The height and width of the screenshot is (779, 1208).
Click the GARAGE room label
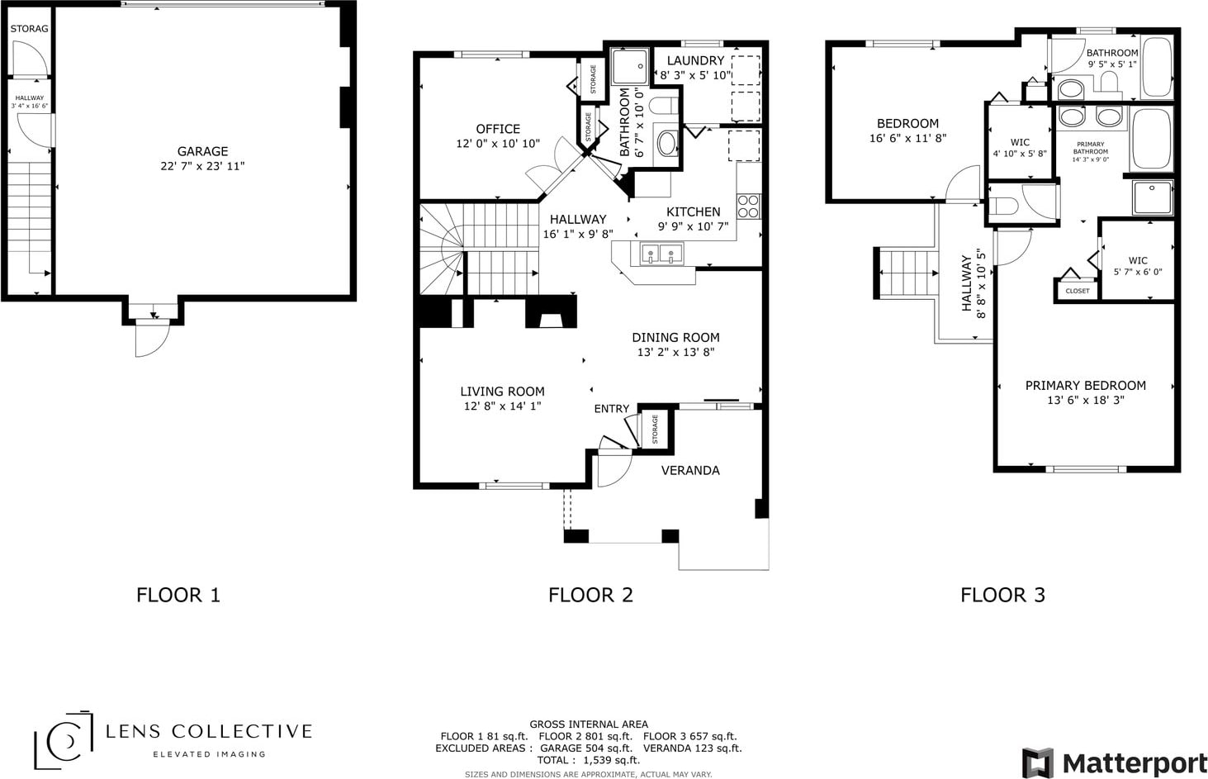click(x=203, y=151)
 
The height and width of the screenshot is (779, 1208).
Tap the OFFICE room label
click(x=498, y=129)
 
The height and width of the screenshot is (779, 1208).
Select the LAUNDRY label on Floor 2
click(x=695, y=60)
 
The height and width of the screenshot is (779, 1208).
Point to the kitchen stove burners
click(x=749, y=206)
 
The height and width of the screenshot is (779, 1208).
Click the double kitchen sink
click(x=661, y=254)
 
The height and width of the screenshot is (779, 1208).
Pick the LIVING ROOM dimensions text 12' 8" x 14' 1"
click(x=502, y=406)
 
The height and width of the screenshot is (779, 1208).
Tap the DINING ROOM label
click(x=675, y=338)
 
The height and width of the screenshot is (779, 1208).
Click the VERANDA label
click(x=690, y=470)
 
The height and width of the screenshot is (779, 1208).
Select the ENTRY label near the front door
click(x=612, y=409)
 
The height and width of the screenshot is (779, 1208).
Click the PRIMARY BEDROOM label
click(x=1086, y=386)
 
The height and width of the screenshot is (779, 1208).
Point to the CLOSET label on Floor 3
click(x=1078, y=291)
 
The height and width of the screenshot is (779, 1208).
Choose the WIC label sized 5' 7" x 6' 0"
click(x=1138, y=260)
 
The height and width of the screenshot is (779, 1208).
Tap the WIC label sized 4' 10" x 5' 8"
click(x=1020, y=142)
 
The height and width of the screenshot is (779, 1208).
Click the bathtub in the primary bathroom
click(x=1151, y=139)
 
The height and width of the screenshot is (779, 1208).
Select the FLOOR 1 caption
click(x=178, y=595)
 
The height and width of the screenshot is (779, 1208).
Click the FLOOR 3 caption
click(x=1003, y=595)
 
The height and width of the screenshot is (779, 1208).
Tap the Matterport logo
click(x=1114, y=763)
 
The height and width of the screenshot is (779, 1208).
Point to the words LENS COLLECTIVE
click(x=209, y=732)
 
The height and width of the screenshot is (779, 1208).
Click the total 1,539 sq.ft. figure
click(x=612, y=760)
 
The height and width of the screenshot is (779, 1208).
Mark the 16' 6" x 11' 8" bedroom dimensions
click(x=907, y=138)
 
